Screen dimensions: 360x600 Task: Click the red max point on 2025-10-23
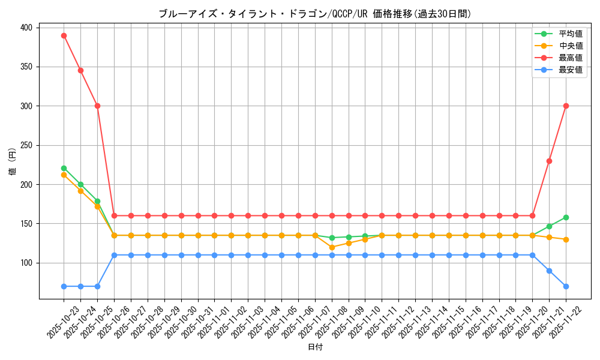(x=64, y=35)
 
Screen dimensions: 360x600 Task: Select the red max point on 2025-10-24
(x=80, y=70)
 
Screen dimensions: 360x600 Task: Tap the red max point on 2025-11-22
(x=566, y=106)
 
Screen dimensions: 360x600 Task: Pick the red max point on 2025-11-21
(x=549, y=161)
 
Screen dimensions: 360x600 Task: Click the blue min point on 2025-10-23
(x=64, y=286)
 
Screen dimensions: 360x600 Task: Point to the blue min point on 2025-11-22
(x=566, y=286)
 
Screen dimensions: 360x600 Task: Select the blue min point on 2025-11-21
(x=549, y=271)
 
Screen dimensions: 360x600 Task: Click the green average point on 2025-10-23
(x=64, y=169)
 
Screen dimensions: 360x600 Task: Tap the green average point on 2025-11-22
(x=566, y=217)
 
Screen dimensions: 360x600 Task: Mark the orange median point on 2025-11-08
(x=332, y=247)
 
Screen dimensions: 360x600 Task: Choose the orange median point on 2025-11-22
(x=566, y=239)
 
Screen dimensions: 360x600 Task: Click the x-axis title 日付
(x=315, y=347)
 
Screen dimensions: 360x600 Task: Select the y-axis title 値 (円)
(x=13, y=161)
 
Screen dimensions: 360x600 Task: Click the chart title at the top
(x=315, y=14)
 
